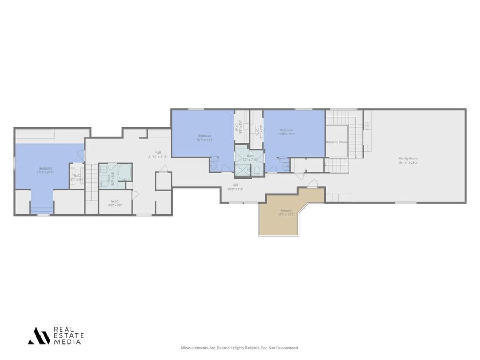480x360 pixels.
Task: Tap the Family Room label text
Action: coord(408,159)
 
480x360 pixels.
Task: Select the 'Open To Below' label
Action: coord(337,142)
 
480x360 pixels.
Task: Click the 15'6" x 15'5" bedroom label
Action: coord(204,138)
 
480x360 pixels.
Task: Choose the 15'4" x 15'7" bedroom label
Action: coord(286,132)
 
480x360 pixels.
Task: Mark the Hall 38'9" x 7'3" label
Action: coord(235,187)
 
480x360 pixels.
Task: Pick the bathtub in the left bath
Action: coord(125,173)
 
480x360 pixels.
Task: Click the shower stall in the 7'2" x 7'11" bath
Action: coord(243,171)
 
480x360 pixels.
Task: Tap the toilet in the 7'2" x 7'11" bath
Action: coord(257,171)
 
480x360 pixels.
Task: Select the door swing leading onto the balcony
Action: coord(313,183)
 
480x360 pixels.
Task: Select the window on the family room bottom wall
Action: coord(405,202)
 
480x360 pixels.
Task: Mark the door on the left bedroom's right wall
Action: coord(81,155)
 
